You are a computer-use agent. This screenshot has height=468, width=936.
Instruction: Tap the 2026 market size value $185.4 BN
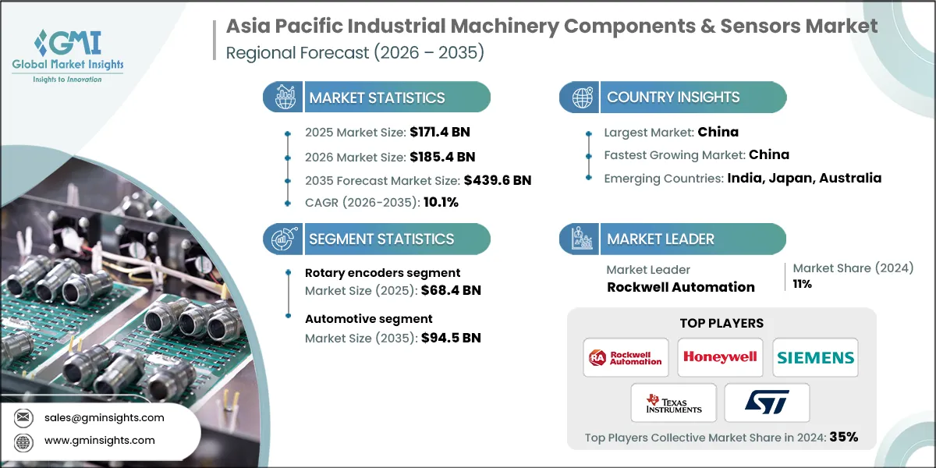438,157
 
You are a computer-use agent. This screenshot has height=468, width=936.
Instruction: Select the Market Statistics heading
377,97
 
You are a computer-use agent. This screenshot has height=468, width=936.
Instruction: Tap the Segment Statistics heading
381,239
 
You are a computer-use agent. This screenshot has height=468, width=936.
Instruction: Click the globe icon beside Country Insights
581,97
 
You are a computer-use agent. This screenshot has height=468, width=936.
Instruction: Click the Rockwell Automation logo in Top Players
626,357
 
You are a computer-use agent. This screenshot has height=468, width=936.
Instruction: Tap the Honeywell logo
720,357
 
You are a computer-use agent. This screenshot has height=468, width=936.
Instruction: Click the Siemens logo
815,357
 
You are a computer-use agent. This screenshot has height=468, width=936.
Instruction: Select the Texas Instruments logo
673,403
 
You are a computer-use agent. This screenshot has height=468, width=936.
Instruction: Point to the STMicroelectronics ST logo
767,402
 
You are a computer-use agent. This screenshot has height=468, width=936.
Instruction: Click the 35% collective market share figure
843,438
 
